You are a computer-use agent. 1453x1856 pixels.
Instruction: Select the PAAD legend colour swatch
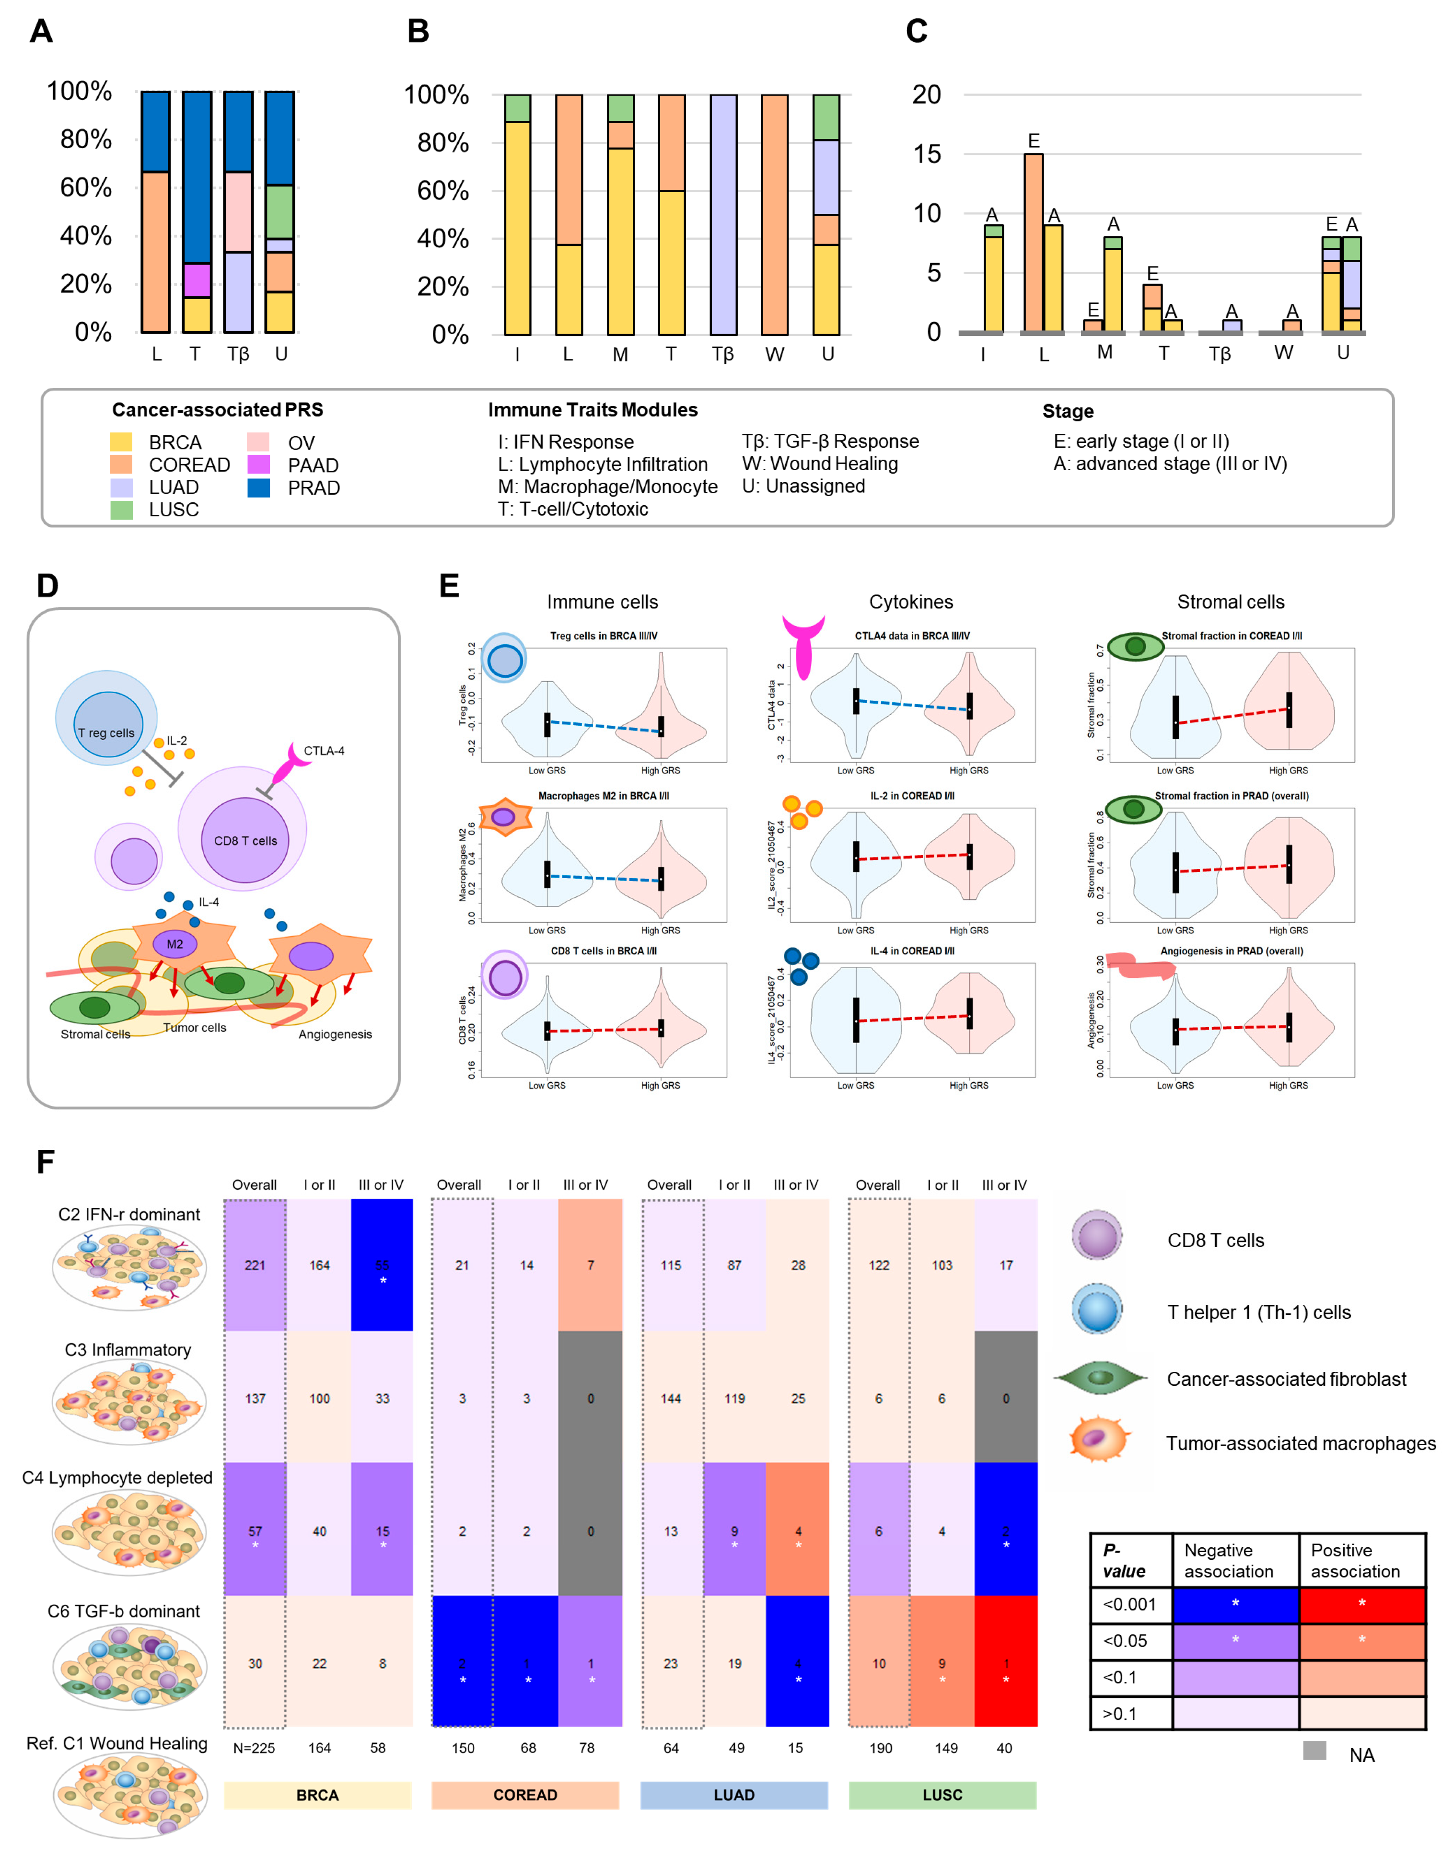tap(258, 464)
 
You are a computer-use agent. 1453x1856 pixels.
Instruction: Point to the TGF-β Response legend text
tap(829, 441)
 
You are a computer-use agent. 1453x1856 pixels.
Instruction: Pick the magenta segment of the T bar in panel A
tap(197, 280)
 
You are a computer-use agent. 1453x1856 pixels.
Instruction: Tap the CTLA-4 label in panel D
tap(323, 750)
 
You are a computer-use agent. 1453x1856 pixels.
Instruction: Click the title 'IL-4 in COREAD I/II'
tap(912, 951)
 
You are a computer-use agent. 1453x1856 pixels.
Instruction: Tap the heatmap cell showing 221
tap(255, 1265)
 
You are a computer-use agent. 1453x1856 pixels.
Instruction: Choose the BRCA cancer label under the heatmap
tap(317, 1795)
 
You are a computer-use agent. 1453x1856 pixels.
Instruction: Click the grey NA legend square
tap(1314, 1751)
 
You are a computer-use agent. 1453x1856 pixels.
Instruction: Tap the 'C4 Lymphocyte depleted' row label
tap(117, 1477)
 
